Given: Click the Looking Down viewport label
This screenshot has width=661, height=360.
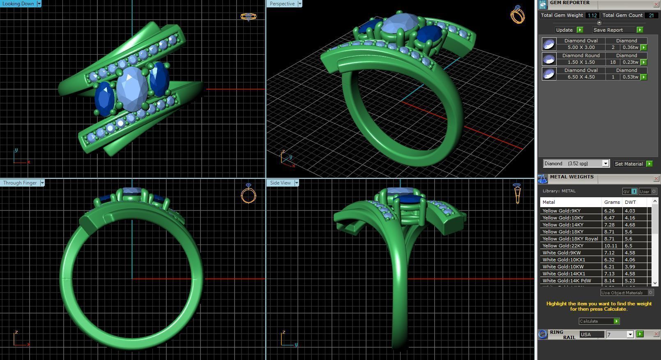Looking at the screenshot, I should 18,4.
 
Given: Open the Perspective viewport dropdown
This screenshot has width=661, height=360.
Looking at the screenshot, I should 299,4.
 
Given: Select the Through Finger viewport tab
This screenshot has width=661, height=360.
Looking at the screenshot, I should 20,183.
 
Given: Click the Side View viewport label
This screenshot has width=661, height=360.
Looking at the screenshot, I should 280,183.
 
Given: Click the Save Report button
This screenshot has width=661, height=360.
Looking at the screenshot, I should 608,30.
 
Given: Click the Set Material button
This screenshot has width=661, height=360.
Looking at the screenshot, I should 629,164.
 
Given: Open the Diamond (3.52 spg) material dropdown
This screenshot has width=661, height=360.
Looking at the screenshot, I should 605,164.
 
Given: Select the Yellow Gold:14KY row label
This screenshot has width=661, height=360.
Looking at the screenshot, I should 562,225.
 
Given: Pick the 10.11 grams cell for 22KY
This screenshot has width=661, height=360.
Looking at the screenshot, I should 610,246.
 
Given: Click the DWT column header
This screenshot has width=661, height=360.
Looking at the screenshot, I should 630,202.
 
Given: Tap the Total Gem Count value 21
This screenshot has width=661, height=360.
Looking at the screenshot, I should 651,15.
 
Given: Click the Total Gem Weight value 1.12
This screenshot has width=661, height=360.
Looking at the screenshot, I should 592,15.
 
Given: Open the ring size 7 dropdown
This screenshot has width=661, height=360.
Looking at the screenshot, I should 630,335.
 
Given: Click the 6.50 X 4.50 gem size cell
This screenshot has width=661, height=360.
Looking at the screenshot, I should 581,77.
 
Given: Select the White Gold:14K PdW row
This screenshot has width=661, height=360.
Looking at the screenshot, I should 567,281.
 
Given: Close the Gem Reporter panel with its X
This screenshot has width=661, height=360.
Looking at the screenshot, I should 656,4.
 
